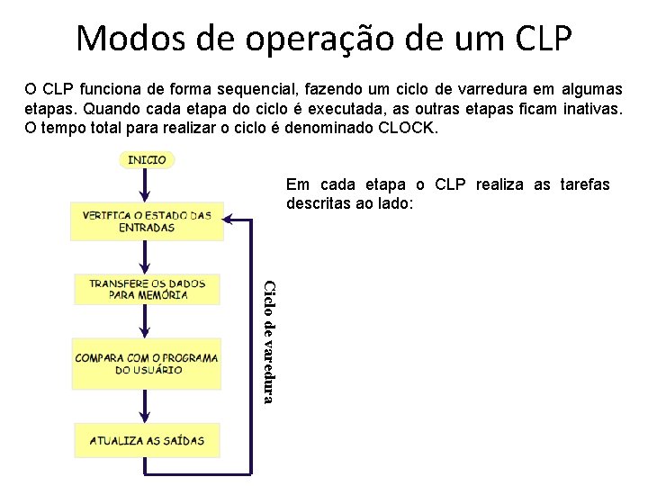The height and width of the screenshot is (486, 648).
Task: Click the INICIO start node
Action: click(x=147, y=159)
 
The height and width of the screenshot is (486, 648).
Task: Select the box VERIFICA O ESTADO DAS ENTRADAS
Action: click(x=147, y=221)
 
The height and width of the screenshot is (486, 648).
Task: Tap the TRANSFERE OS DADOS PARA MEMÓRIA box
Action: click(x=147, y=289)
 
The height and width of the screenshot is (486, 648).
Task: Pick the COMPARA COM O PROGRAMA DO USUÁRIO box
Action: click(x=147, y=364)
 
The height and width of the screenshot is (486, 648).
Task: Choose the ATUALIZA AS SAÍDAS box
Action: click(x=147, y=441)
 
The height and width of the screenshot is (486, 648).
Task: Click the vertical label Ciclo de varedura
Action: click(x=268, y=341)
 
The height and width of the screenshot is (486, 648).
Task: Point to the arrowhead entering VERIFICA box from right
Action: click(x=229, y=219)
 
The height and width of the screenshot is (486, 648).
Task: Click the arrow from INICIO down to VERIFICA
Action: click(x=147, y=184)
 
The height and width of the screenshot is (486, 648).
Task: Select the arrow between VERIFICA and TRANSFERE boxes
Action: click(x=147, y=256)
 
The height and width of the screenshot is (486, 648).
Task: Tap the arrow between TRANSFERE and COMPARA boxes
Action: click(x=147, y=321)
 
